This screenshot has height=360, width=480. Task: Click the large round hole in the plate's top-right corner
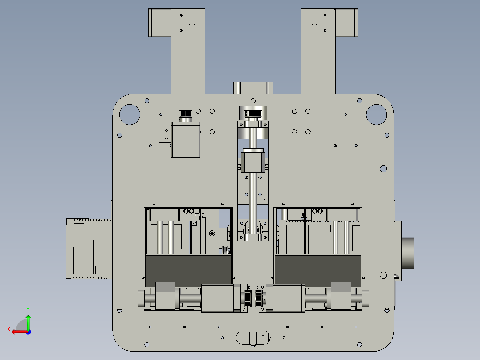376,115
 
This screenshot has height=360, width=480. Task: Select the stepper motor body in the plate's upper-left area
186,139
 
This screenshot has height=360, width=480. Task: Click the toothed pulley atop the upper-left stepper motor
186,115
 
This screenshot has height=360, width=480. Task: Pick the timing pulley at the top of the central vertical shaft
253,113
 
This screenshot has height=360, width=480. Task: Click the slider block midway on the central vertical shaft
253,163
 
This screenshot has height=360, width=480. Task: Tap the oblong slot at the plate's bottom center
253,337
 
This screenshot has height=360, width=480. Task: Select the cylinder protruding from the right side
408,253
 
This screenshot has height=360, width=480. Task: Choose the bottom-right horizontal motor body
289,298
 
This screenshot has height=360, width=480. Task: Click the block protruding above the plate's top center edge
253,87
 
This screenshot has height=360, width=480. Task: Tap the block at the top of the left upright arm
159,23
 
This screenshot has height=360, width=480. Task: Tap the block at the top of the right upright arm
347,23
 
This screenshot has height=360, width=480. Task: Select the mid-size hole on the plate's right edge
383,169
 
